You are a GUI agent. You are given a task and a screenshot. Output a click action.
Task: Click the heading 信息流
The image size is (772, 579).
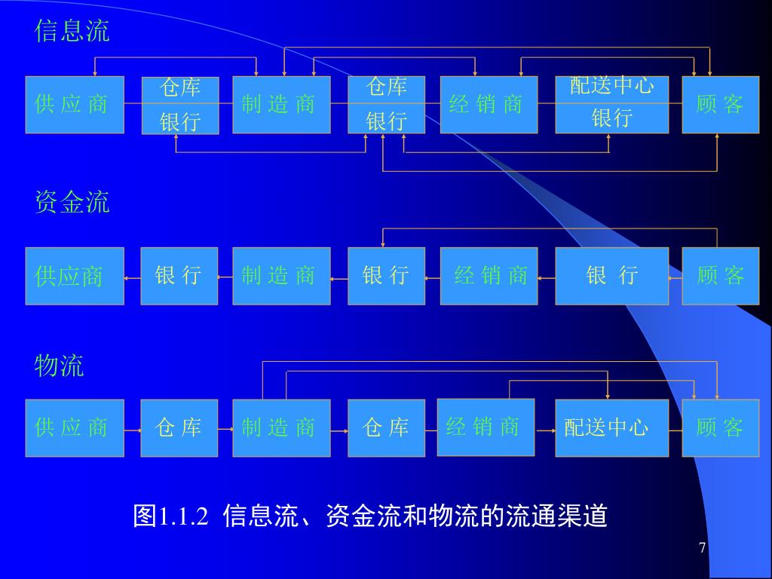coord(72,31)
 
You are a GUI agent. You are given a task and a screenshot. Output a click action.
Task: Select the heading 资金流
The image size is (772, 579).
coord(72,202)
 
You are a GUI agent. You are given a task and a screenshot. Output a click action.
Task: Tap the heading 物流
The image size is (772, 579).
coord(59,366)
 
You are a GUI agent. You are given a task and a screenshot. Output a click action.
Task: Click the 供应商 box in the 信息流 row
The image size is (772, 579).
coord(74,104)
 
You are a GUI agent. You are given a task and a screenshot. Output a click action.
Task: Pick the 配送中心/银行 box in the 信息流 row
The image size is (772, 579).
coord(611,104)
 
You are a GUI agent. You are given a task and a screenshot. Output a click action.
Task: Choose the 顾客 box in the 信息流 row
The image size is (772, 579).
coord(720,104)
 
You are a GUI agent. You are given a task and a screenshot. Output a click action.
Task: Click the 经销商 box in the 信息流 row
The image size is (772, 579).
coord(489,104)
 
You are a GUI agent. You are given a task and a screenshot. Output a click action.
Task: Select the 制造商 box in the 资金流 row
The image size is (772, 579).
coord(281,276)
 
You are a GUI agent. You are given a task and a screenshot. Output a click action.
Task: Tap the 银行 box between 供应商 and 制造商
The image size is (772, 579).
coord(179,276)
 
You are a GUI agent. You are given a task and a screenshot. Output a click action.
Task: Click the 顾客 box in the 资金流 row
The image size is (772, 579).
coord(720,276)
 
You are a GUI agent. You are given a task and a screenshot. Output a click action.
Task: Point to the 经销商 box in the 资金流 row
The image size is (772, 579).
coord(489,276)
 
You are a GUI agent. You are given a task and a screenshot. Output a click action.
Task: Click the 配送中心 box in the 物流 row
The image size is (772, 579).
coord(611,428)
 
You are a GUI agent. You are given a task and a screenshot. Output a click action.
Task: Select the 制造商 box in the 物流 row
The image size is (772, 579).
coord(281,428)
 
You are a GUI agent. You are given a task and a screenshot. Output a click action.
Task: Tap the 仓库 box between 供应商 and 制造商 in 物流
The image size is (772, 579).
coord(179,428)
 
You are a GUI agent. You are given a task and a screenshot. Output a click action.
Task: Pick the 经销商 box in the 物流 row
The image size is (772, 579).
coord(486,427)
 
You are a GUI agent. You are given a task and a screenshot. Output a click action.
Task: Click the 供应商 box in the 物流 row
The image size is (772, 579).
coord(74,428)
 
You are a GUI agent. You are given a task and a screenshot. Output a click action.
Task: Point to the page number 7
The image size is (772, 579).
coord(703,548)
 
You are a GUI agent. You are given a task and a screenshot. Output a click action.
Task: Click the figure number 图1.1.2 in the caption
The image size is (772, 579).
coord(170,516)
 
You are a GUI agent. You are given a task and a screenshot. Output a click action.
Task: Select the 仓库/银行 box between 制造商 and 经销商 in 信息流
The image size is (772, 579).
coord(386,104)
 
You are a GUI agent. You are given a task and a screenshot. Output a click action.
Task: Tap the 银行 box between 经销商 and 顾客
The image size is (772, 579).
coord(611,276)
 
